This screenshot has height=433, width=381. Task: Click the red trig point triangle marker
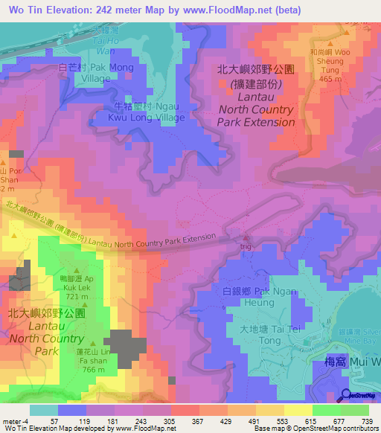pos(246,236)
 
